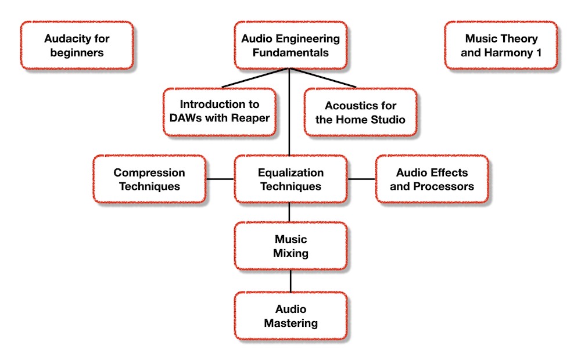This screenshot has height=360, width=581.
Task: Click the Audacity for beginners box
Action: point(77,45)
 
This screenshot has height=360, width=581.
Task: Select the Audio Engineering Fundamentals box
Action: point(290,45)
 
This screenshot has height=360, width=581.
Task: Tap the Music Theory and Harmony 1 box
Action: point(501,45)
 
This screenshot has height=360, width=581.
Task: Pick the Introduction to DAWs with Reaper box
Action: point(220,112)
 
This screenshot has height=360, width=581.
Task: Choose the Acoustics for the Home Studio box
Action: point(361,112)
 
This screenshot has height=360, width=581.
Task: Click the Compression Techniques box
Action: point(149,179)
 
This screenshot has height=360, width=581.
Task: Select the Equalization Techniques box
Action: point(290,179)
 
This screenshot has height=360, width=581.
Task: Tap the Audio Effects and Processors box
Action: point(432,179)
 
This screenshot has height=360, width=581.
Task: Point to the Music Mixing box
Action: point(290,246)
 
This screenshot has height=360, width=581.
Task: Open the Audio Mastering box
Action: point(290,316)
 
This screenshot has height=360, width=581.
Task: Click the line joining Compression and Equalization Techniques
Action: point(220,179)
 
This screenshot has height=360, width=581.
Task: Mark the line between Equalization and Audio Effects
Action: point(361,179)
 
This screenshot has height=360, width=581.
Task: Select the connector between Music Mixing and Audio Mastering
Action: point(290,281)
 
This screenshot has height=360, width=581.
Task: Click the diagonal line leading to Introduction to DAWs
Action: point(255,78)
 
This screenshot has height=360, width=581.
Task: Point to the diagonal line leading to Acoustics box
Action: point(322,78)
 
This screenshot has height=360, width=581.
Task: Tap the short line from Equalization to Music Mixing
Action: point(289,213)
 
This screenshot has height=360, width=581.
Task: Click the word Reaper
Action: point(250,118)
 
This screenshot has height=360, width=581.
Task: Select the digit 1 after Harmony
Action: point(539,53)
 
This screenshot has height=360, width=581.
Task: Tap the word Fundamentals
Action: point(290,53)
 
